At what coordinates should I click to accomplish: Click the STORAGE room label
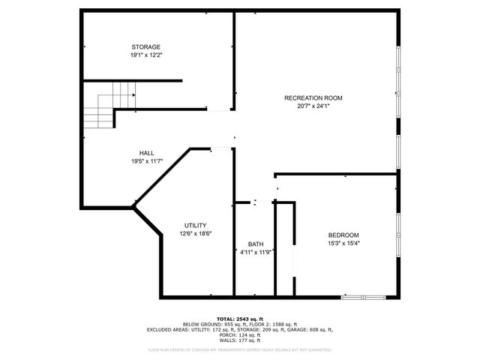(x=146, y=46)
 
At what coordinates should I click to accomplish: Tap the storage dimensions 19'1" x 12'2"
(x=146, y=55)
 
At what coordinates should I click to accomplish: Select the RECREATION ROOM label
(x=313, y=98)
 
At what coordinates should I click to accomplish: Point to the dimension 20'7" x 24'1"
(x=313, y=106)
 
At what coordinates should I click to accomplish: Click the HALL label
(x=146, y=152)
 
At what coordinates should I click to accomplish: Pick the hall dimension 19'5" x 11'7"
(x=146, y=160)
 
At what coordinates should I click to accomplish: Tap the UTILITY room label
(x=196, y=226)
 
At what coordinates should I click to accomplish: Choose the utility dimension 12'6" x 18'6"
(x=196, y=234)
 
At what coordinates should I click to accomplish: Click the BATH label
(x=256, y=244)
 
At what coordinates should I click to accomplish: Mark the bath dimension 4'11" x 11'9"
(x=256, y=253)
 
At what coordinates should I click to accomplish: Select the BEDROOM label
(x=343, y=235)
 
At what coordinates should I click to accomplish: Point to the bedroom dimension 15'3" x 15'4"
(x=343, y=243)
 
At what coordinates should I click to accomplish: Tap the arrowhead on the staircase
(x=133, y=97)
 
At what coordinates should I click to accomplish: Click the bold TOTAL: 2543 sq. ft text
(x=240, y=318)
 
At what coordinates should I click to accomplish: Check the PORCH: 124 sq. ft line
(x=240, y=334)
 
